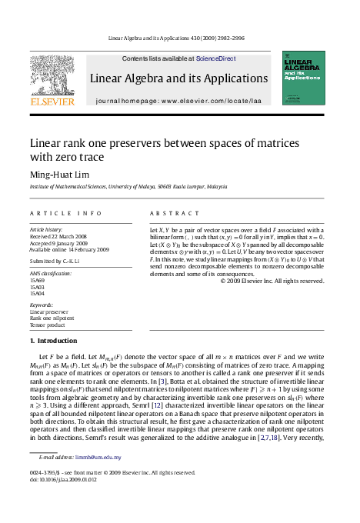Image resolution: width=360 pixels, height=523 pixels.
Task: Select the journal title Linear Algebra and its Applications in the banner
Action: tap(178, 78)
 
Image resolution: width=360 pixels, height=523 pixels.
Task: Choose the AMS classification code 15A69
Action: tap(37, 281)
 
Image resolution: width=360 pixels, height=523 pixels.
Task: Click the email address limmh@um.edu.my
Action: tap(98, 457)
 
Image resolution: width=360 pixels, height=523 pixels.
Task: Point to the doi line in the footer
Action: tap(63, 480)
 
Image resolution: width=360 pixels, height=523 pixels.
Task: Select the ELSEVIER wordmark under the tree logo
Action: tap(52, 101)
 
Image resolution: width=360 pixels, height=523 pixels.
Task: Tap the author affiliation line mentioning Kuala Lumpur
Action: tap(128, 186)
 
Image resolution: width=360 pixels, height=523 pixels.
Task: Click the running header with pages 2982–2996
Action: tap(179, 37)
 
